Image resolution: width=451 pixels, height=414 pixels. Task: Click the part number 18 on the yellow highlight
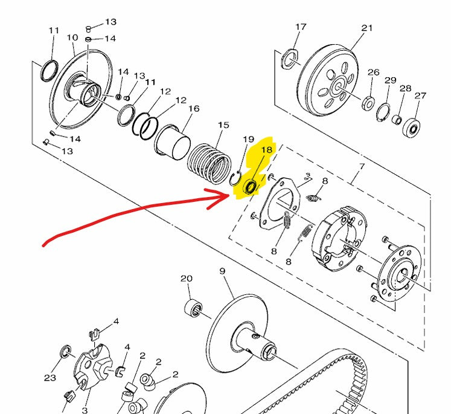click(266, 150)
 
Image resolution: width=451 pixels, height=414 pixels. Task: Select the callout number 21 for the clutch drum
click(366, 28)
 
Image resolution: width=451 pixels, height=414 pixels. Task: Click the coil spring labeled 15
click(210, 163)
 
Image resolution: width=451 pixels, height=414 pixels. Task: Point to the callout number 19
click(249, 140)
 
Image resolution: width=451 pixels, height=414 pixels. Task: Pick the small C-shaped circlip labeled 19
click(236, 178)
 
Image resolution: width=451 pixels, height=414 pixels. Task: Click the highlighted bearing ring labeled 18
click(250, 187)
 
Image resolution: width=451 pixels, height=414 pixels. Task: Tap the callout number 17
click(301, 27)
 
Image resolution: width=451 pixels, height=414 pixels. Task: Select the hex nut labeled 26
click(368, 103)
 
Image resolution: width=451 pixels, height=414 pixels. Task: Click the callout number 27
click(420, 95)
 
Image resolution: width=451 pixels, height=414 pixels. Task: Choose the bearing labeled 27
click(411, 129)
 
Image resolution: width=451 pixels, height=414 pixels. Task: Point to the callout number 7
click(362, 166)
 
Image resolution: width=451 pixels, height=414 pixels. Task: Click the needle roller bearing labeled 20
click(193, 307)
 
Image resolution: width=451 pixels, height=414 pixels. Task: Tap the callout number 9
click(222, 271)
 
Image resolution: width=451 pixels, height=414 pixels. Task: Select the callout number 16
click(194, 109)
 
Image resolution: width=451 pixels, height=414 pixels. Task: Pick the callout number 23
click(50, 378)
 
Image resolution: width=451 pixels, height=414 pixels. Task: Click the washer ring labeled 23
click(66, 351)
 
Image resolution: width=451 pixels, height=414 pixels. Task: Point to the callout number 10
click(72, 37)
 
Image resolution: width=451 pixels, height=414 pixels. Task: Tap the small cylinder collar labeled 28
click(397, 119)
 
